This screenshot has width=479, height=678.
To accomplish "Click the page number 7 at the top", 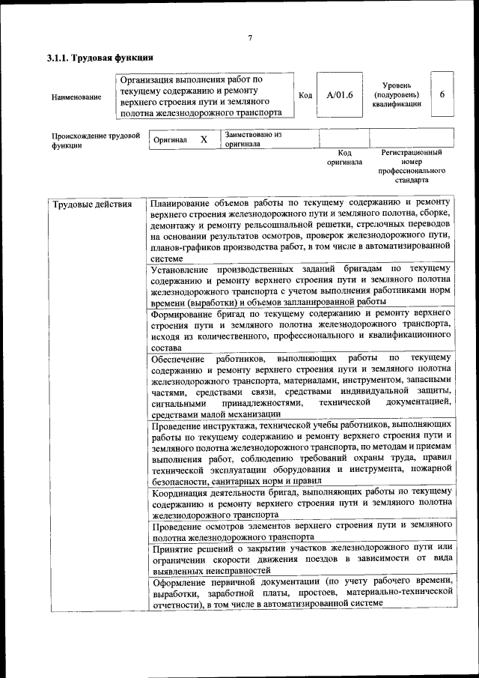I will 250,38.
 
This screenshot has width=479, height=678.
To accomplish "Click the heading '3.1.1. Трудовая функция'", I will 100,58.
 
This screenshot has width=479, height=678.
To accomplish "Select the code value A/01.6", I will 339,95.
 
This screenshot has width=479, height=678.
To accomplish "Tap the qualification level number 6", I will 442,94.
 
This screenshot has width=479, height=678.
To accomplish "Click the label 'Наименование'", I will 76,97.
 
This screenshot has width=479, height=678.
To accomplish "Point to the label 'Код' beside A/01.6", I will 305,96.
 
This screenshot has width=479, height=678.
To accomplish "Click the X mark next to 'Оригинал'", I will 204,140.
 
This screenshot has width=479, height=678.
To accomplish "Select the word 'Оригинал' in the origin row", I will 170,140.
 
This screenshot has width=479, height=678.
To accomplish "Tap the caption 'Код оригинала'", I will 344,157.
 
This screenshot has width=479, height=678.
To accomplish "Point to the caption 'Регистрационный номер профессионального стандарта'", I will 411,166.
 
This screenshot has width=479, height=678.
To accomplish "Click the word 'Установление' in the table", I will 180,268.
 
